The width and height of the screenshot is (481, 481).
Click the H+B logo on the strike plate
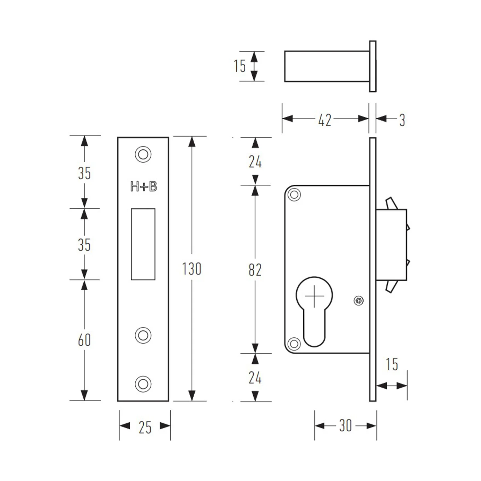(144, 186)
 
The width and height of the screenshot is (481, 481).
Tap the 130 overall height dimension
(192, 269)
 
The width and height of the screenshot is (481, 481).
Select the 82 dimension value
(255, 270)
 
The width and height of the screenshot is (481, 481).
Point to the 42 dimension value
(325, 120)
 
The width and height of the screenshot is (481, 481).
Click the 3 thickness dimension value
(402, 120)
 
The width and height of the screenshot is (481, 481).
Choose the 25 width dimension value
(145, 427)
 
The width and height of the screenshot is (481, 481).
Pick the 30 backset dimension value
(346, 426)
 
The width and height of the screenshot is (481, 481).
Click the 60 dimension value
(84, 340)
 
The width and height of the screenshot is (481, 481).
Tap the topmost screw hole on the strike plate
(143, 155)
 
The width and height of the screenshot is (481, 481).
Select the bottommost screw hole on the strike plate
(143, 384)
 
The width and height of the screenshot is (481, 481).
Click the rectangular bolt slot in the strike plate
(143, 244)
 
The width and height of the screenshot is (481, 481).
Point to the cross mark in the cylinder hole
(314, 296)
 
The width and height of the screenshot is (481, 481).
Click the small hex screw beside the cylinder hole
(359, 301)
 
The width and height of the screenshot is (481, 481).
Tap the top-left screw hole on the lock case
(294, 195)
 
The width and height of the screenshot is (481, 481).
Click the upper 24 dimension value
(255, 162)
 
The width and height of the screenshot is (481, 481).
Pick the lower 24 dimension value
(255, 378)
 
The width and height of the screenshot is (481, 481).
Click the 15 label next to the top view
(240, 66)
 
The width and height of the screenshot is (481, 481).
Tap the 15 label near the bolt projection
(392, 364)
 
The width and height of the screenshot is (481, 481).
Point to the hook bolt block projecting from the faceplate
(391, 245)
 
